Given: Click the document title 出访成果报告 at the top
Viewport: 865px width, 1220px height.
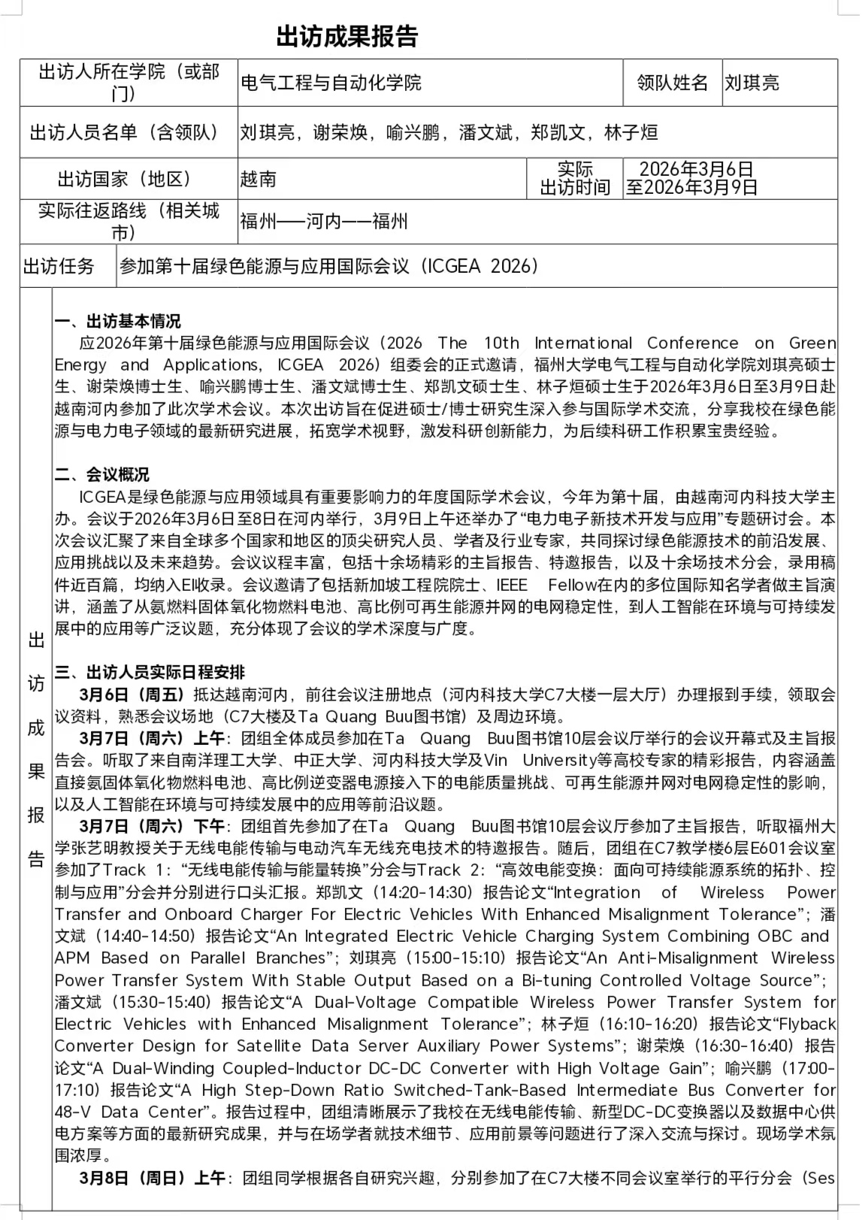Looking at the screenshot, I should click(x=346, y=36).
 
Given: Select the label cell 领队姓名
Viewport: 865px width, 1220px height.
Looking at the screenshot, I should click(x=672, y=83).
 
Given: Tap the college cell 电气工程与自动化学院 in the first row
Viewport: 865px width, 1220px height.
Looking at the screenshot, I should click(x=331, y=83).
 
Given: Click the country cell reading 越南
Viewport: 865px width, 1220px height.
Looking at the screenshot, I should click(x=259, y=179).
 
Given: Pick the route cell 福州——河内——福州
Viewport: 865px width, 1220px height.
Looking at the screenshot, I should click(x=324, y=221).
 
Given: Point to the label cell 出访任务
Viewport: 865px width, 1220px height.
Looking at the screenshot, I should click(x=59, y=266).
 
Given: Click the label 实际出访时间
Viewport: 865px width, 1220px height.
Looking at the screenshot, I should click(x=575, y=179).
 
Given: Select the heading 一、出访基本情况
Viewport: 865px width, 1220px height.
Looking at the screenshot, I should click(x=117, y=322).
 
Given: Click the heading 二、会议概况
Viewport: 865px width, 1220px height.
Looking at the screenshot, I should click(x=101, y=475).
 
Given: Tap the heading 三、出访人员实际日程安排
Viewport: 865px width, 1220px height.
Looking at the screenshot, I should click(x=150, y=672).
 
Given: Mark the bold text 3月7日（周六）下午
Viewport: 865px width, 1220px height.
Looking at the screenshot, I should click(x=151, y=826).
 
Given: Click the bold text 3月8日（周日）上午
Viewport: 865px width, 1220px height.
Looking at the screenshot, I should click(x=151, y=1178).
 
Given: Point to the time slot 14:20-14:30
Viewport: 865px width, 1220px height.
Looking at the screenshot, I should click(x=427, y=892).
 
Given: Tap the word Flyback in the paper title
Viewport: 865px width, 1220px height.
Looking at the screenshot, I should click(x=808, y=1024).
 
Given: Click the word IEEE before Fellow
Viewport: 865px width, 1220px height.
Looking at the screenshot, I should click(x=512, y=585).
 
